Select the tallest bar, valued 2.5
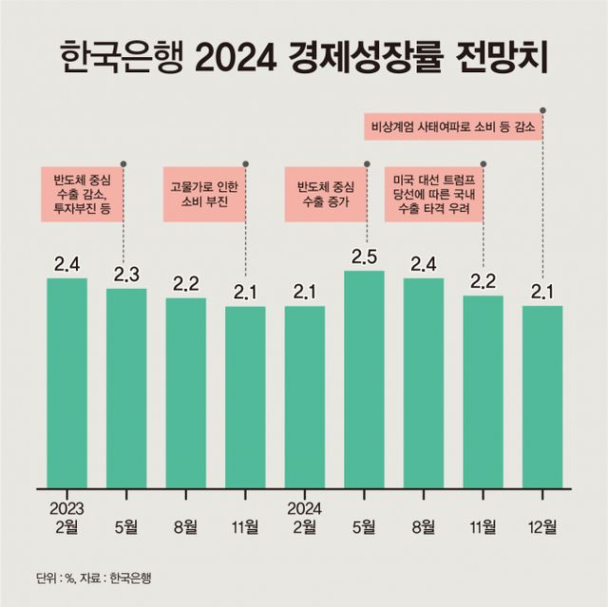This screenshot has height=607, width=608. pyautogui.click(x=364, y=380)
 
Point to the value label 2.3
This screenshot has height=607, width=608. pyautogui.click(x=126, y=275)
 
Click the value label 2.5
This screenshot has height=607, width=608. pyautogui.click(x=365, y=256)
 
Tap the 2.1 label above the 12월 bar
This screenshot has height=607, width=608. pyautogui.click(x=542, y=292)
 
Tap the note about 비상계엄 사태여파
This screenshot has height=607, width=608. pyautogui.click(x=453, y=125)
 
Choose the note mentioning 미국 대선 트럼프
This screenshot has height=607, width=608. pyautogui.click(x=433, y=195)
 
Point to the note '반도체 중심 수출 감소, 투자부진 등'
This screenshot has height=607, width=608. pyautogui.click(x=85, y=195)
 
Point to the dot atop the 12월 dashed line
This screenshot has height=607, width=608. pyautogui.click(x=542, y=107)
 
